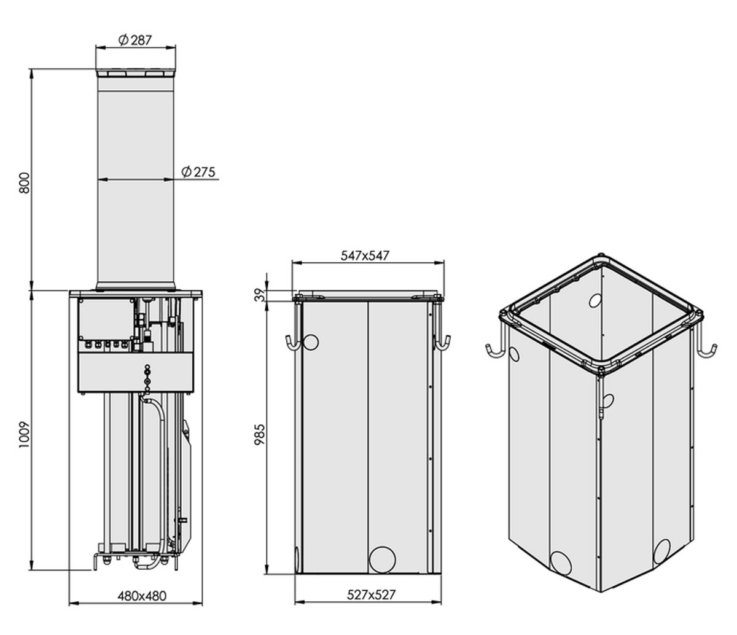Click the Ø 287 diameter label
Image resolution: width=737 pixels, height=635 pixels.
click(x=135, y=40)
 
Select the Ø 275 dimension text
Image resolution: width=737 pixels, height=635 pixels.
click(x=198, y=172)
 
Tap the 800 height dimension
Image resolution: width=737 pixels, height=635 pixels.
click(x=24, y=183)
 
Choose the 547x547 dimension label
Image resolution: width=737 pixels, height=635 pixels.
click(x=365, y=255)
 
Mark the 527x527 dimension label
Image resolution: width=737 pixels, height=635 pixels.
click(x=371, y=594)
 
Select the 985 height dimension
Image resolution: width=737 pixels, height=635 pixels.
click(x=260, y=434)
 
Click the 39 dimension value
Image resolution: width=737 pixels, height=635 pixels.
click(x=260, y=295)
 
